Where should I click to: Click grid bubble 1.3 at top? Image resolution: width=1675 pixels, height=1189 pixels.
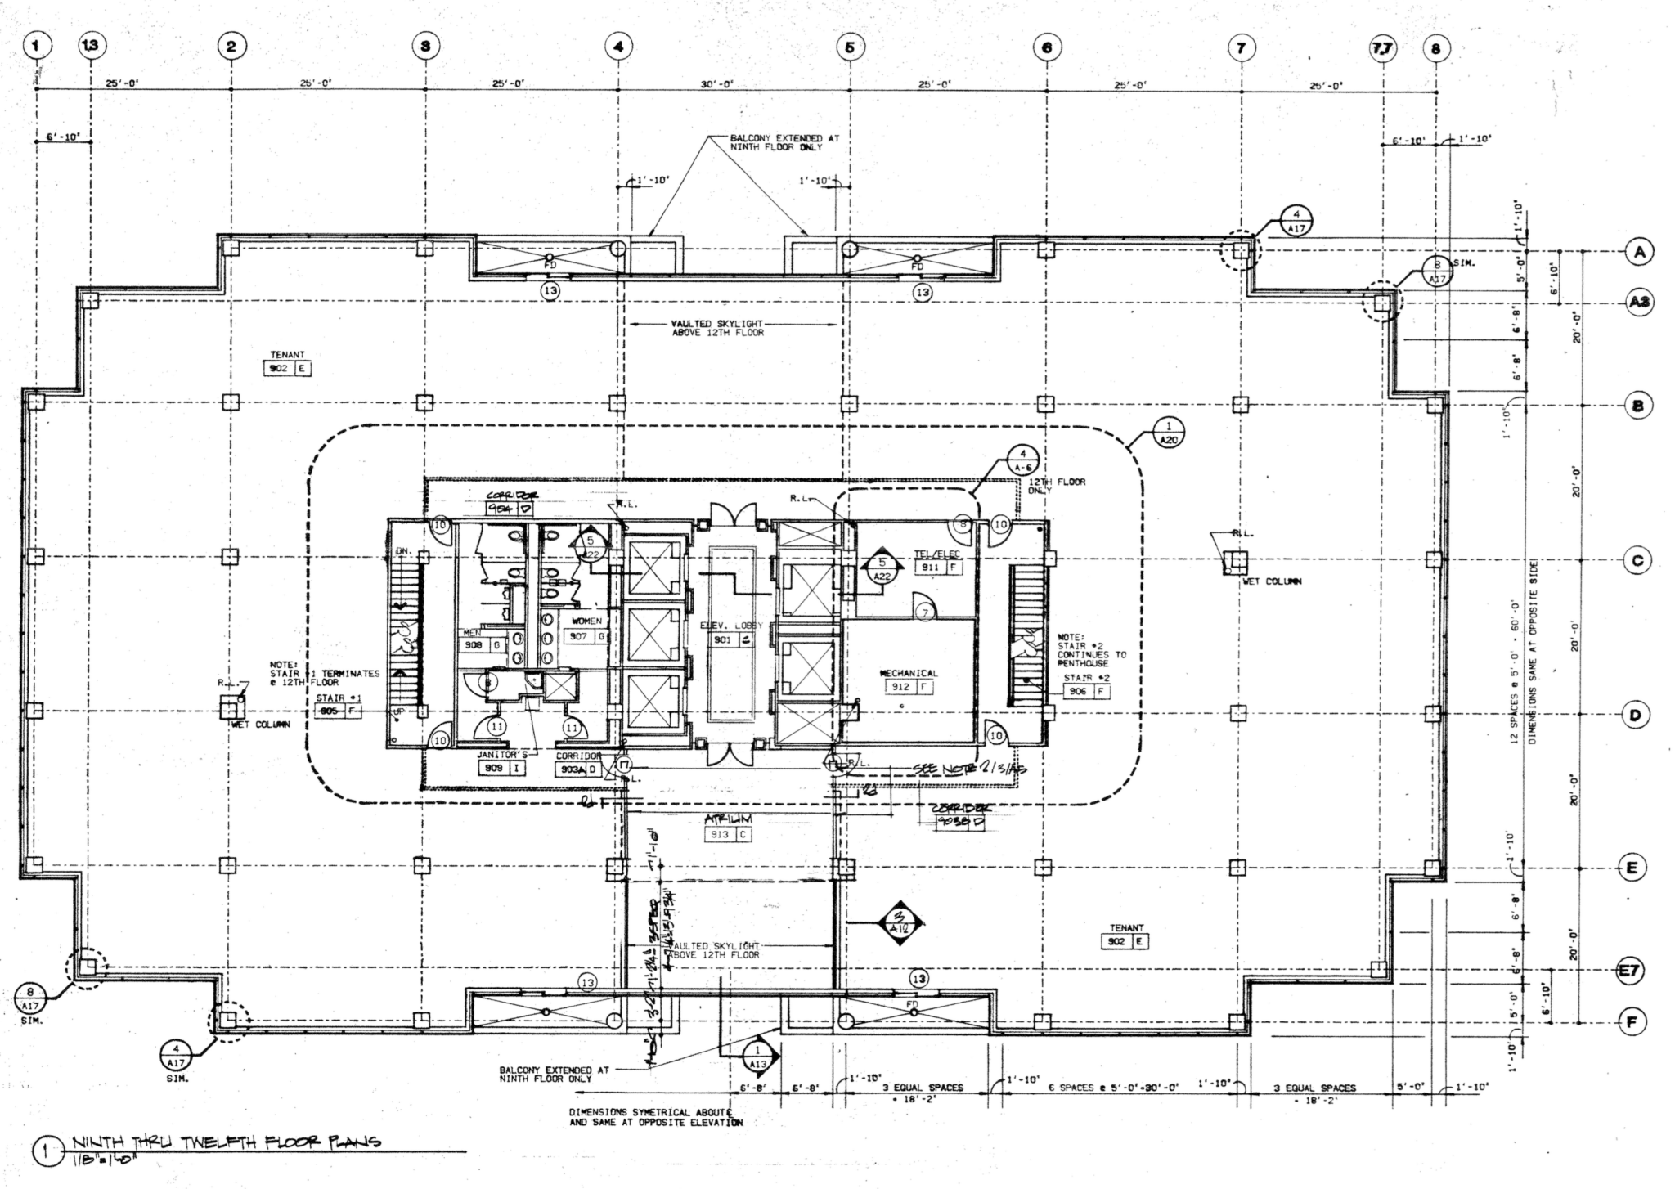(90, 46)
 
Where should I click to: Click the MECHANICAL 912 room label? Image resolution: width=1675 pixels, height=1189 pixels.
(908, 680)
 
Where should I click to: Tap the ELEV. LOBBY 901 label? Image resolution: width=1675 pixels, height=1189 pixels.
(730, 633)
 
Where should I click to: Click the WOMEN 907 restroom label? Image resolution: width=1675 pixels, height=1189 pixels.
(586, 630)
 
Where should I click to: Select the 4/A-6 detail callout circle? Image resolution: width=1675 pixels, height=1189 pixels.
(1022, 460)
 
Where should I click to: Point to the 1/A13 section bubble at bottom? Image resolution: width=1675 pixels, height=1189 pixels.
(758, 1056)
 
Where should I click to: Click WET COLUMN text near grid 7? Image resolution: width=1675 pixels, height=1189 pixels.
(1272, 581)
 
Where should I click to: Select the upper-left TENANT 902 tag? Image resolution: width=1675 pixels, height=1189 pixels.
(287, 363)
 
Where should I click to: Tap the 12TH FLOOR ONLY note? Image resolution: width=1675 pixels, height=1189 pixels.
(1056, 486)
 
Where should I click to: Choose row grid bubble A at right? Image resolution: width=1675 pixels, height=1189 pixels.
(1638, 252)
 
